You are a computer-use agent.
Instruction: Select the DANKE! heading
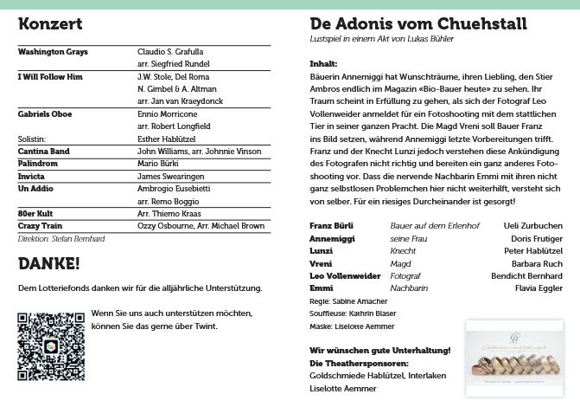(48, 263)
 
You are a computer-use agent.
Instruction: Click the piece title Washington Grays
(53, 52)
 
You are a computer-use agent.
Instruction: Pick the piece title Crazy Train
(41, 225)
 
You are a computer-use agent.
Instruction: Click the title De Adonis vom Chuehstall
(417, 24)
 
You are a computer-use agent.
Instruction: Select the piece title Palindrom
(38, 163)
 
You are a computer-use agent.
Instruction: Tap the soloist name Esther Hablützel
(173, 138)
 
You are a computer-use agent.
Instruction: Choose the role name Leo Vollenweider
(345, 275)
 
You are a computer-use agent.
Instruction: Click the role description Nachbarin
(409, 287)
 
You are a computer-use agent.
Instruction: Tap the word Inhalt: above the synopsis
(322, 63)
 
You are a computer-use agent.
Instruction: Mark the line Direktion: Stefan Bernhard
(61, 238)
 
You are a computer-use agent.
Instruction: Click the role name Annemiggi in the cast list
(333, 238)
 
